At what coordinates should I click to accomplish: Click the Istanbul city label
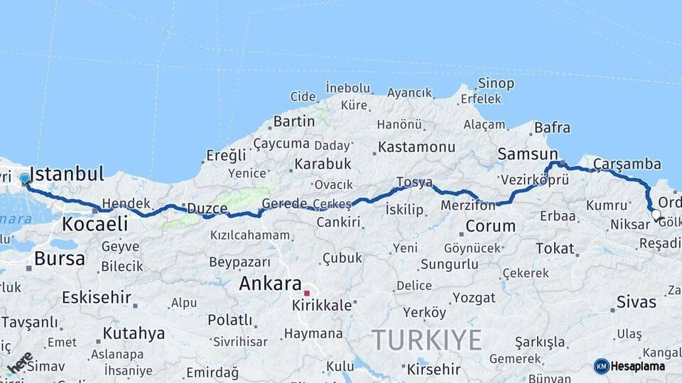[x=69, y=174]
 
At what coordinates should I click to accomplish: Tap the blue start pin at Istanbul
[x=25, y=179]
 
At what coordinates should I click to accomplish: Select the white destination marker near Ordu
[x=656, y=214]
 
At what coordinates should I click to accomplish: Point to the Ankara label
[x=270, y=284]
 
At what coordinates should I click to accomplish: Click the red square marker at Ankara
[x=307, y=292]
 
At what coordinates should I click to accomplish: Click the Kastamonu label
[x=416, y=147]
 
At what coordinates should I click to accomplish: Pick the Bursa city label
[x=60, y=258]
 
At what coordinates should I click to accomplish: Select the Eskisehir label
[x=96, y=297]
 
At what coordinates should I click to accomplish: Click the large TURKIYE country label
[x=427, y=340]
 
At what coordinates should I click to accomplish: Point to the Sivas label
[x=637, y=302]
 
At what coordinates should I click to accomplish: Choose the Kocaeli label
[x=95, y=224]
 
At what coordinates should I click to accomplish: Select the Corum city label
[x=490, y=227]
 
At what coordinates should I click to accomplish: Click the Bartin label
[x=293, y=121]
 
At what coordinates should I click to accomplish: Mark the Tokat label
[x=554, y=248]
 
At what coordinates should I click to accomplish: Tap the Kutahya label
[x=134, y=333]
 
